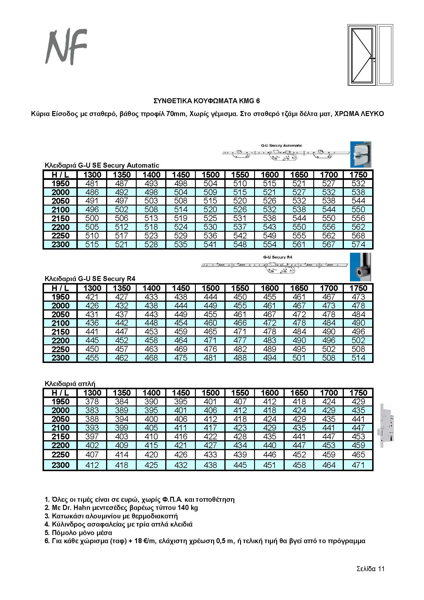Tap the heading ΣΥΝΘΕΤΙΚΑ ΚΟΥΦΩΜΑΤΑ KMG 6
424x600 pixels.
[x=207, y=101]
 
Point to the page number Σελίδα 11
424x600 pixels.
[x=370, y=569]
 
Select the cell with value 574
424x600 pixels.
[x=358, y=245]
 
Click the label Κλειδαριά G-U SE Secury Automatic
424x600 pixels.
[x=102, y=165]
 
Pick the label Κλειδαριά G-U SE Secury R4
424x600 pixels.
[x=90, y=279]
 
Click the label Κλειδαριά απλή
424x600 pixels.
[x=70, y=384]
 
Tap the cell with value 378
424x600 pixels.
[x=92, y=402]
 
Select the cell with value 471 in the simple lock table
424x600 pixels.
[x=358, y=465]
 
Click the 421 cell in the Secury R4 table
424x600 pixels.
[x=92, y=297]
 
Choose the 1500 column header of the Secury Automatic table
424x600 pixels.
[x=210, y=175]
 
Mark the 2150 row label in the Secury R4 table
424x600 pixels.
[x=60, y=332]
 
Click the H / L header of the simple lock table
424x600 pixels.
[x=60, y=393]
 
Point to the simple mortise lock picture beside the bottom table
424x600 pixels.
[x=385, y=425]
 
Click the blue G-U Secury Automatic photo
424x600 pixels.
[x=361, y=154]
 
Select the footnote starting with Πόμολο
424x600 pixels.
[x=78, y=533]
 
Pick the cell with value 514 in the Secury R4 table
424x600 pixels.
[x=358, y=358]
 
